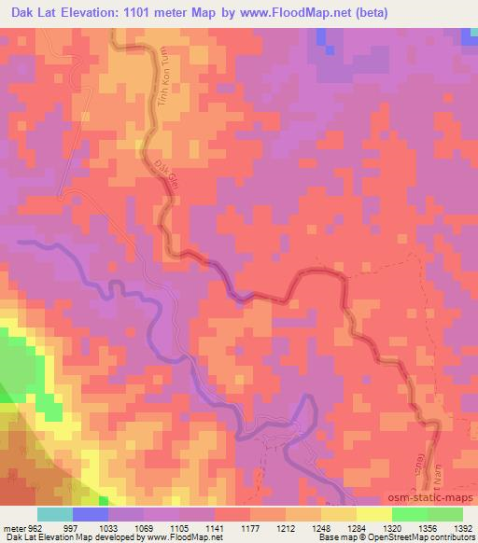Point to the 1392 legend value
(x=464, y=528)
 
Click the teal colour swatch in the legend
(x=54, y=514)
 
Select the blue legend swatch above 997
(x=90, y=514)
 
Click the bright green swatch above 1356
(x=409, y=514)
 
